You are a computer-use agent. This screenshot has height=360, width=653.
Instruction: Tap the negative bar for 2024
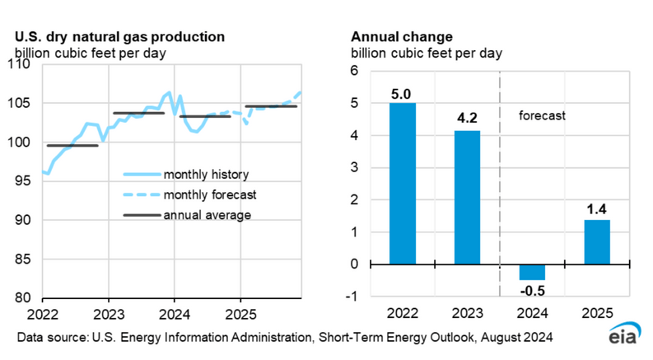click(532, 272)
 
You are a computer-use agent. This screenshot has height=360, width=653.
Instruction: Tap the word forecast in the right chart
click(542, 116)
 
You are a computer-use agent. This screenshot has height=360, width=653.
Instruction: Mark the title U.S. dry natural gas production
click(119, 37)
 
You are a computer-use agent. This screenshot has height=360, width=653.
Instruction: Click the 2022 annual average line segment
click(72, 145)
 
